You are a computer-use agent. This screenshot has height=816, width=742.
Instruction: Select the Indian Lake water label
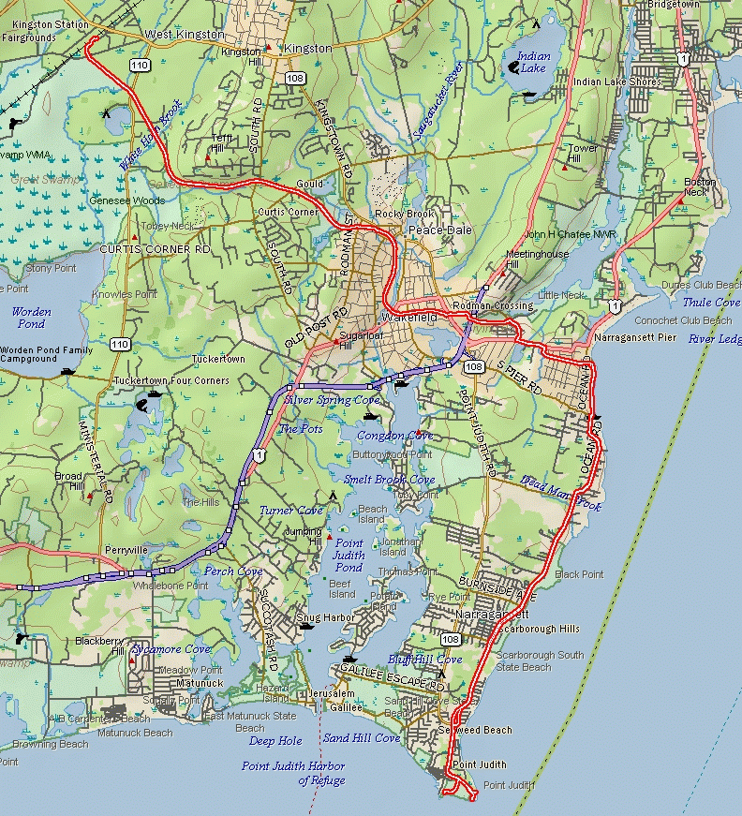click(534, 63)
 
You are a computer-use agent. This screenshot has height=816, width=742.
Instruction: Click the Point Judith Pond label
click(349, 555)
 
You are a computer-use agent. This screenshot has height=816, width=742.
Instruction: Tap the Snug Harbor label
click(322, 618)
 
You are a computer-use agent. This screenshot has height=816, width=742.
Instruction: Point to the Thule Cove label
click(710, 303)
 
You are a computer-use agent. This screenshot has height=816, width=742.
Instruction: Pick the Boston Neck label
click(700, 186)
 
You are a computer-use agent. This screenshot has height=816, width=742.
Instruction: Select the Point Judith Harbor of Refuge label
click(293, 773)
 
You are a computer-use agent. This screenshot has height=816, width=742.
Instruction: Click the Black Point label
click(579, 574)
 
